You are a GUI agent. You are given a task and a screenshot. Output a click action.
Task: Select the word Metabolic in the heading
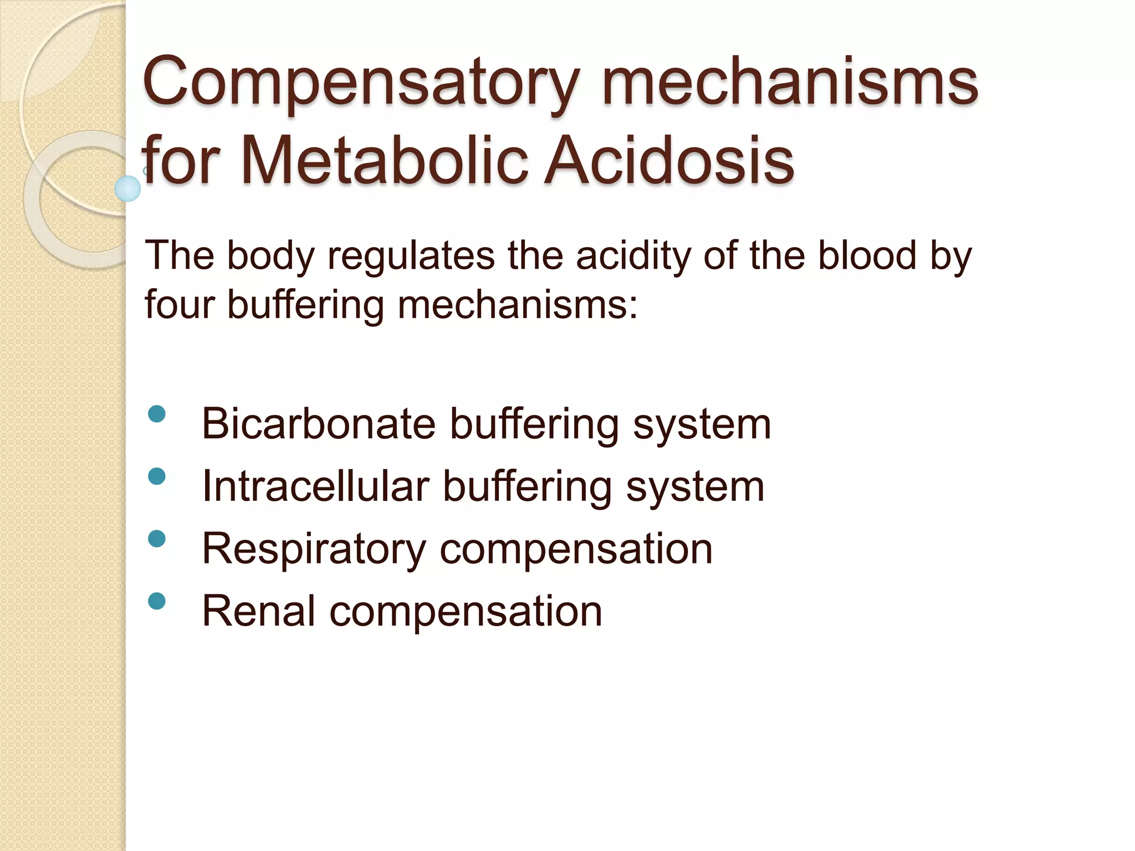tap(385, 161)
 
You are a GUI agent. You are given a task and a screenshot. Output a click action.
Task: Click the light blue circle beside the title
tap(127, 188)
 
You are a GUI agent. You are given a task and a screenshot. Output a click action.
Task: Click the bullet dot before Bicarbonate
tap(157, 414)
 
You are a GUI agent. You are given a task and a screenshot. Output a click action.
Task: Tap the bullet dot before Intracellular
tap(157, 476)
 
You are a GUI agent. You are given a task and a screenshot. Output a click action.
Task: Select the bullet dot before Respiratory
tap(157, 539)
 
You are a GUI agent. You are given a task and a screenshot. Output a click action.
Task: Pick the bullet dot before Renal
tap(157, 601)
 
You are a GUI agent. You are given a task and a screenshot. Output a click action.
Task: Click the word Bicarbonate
tap(319, 424)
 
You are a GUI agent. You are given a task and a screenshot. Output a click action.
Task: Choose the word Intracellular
tap(316, 486)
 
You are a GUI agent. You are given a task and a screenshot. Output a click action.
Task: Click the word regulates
tap(411, 256)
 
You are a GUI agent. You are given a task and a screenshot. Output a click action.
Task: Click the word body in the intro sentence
tap(270, 256)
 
